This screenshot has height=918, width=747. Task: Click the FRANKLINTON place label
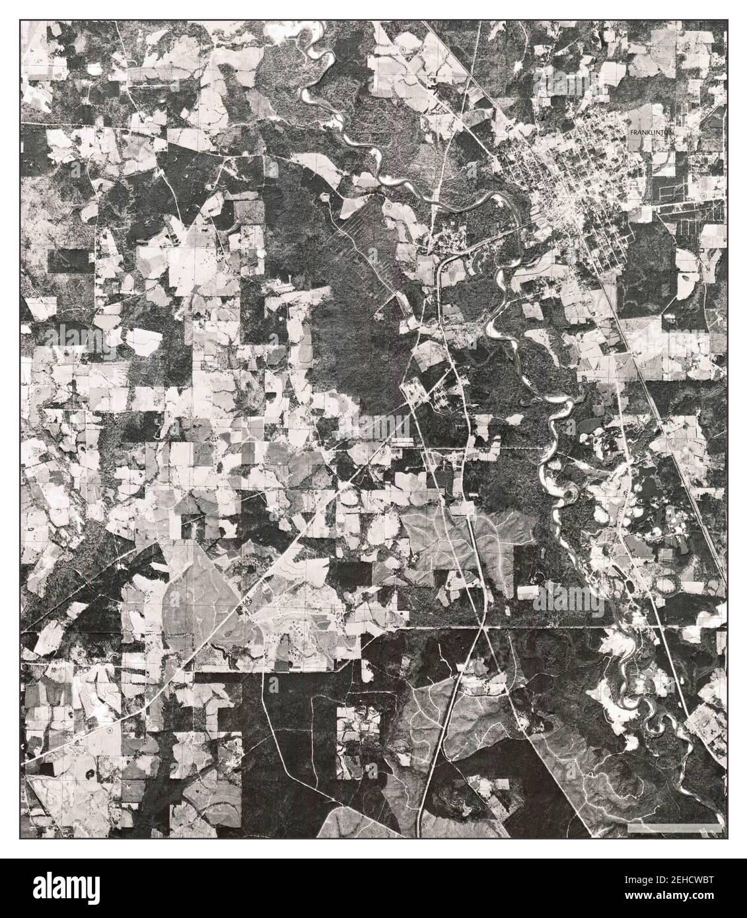[651, 132]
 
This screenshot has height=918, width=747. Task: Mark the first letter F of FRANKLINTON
[632, 132]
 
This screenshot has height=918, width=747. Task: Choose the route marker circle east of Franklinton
[702, 196]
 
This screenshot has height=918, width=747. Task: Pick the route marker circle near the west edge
[38, 391]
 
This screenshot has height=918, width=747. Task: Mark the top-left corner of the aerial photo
[20, 20]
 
